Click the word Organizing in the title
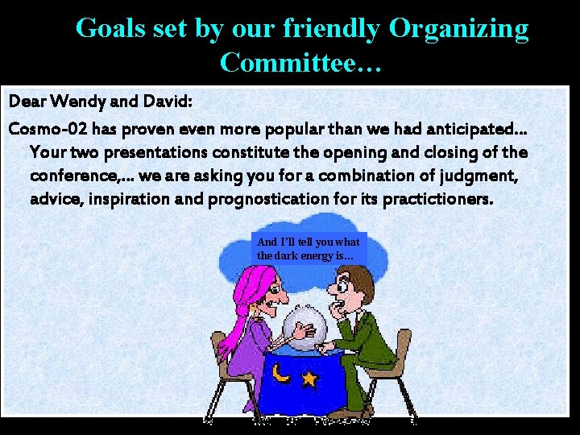[459, 29]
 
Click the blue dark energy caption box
[309, 248]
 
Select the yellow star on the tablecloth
[309, 377]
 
